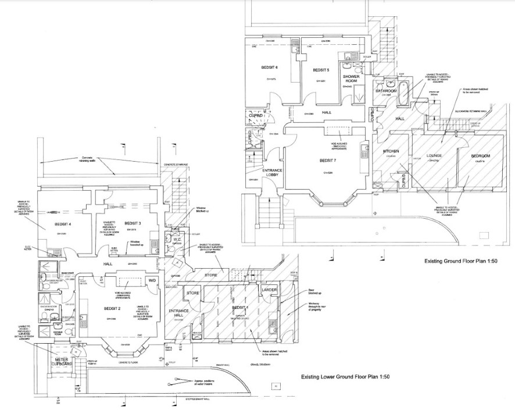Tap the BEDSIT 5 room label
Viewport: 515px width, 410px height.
click(x=321, y=70)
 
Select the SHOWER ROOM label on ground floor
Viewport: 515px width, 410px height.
click(x=352, y=79)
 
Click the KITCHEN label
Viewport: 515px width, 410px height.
click(x=390, y=152)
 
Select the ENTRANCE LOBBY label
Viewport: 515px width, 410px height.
click(x=273, y=173)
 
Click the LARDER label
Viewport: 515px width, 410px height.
click(x=269, y=289)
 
